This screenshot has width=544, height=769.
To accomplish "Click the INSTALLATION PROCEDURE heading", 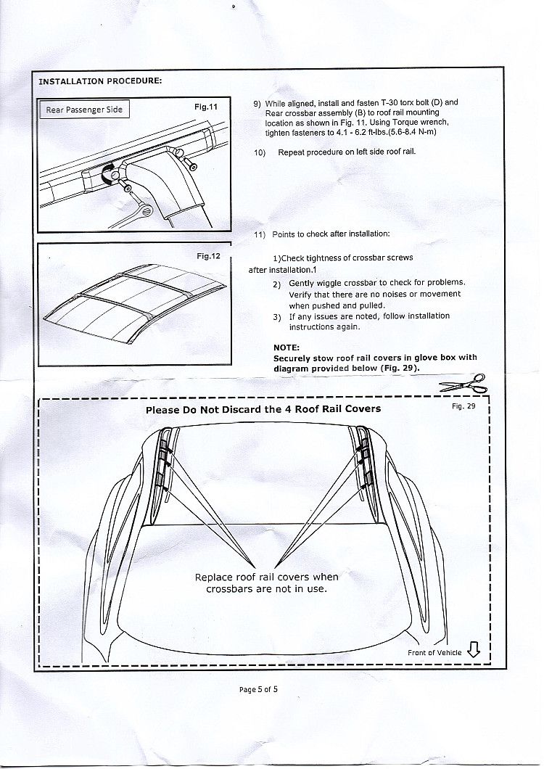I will click(x=100, y=81).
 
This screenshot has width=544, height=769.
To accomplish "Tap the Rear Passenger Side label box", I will click(x=84, y=110).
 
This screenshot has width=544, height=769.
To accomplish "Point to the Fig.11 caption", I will click(x=206, y=107).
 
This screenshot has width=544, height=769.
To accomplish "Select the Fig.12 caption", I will click(x=208, y=256).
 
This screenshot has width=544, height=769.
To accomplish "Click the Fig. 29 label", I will click(x=463, y=406).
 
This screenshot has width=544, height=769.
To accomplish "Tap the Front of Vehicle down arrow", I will click(x=474, y=649).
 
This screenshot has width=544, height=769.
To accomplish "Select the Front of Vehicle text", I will click(x=434, y=653).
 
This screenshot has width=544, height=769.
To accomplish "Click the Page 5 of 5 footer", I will click(x=259, y=689).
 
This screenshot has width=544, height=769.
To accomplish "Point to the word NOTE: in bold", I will click(x=287, y=348).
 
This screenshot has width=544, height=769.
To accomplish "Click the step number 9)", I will click(x=257, y=104).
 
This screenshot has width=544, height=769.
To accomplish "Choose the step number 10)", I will click(x=260, y=152).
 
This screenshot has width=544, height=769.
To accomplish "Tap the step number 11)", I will click(x=260, y=234).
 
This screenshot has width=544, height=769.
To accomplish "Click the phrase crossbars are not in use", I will click(x=266, y=588).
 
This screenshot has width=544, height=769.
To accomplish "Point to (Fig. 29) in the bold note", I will click(x=400, y=368).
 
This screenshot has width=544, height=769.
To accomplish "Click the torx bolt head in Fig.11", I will click(x=193, y=166).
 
